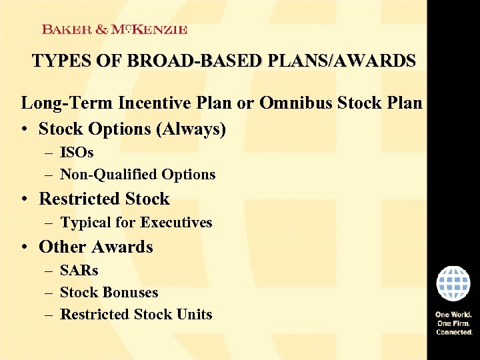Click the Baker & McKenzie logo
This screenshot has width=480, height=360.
(x=114, y=29)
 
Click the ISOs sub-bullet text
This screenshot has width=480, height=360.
(x=77, y=153)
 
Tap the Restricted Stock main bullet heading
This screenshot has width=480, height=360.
(x=105, y=199)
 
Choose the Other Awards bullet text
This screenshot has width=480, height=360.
(x=96, y=247)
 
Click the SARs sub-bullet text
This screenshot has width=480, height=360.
(x=79, y=271)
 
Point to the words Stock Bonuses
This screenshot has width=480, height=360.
(x=109, y=293)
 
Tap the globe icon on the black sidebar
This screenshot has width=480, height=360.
(x=453, y=283)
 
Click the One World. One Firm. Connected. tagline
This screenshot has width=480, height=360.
(x=454, y=323)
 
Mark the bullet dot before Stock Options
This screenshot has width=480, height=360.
(x=25, y=129)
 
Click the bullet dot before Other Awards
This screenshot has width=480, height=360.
(x=25, y=247)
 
